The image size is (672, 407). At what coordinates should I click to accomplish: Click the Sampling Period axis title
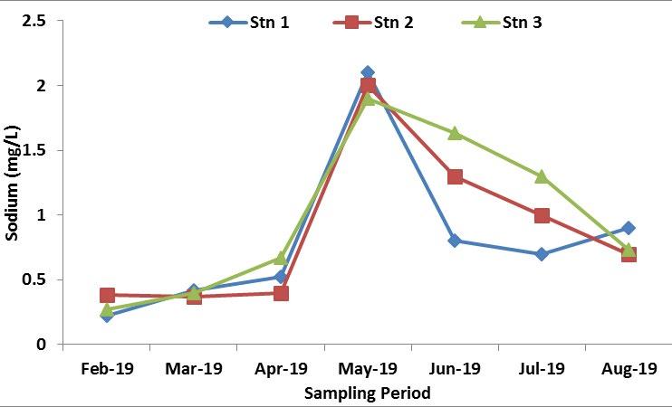pos(367,393)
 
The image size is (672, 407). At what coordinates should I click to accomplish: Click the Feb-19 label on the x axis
pos(107,369)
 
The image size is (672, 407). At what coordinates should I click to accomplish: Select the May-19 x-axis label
pos(368,369)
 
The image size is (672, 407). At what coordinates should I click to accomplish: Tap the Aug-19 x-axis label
pos(629,369)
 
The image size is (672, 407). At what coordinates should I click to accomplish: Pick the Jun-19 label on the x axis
pos(455,369)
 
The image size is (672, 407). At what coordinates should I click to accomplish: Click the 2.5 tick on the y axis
pos(34,21)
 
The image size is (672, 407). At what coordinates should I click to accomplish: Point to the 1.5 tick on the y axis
pos(34,150)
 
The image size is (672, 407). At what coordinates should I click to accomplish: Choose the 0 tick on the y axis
pos(41,345)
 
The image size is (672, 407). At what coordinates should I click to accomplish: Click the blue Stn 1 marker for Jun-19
pos(455,241)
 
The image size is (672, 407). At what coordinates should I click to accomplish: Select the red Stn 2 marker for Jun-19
pos(455,176)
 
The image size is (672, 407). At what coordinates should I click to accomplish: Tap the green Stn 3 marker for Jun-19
pos(455,133)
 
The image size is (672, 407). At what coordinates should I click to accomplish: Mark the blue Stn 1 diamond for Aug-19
pos(629,228)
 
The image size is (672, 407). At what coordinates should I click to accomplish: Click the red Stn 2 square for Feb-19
pos(107,295)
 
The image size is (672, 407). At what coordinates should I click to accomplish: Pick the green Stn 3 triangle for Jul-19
pos(542,176)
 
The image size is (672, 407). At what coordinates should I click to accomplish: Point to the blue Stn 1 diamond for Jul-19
pos(542,254)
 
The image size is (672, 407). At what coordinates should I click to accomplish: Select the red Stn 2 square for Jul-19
pos(542,215)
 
